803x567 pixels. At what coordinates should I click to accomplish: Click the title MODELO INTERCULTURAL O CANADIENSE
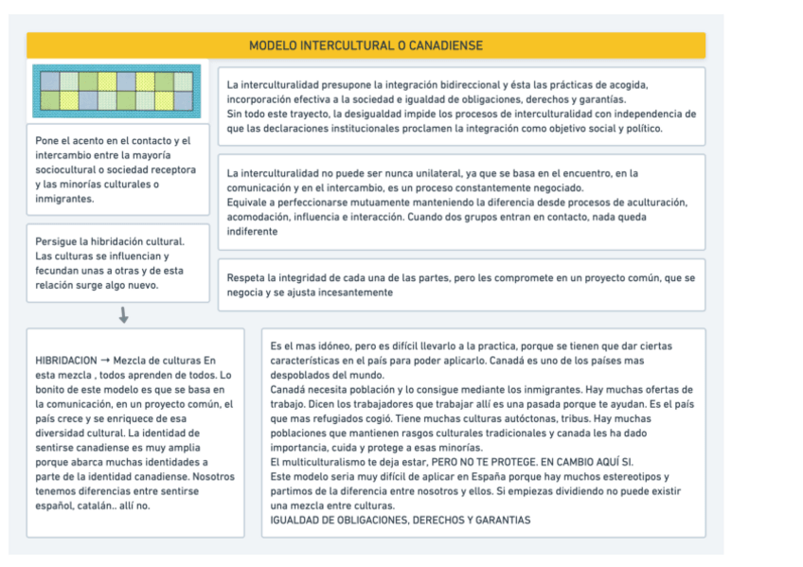click(366, 45)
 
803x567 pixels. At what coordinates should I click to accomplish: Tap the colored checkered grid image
click(116, 91)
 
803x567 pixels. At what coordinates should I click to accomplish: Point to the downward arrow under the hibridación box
click(124, 314)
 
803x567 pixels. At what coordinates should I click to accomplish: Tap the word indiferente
click(252, 231)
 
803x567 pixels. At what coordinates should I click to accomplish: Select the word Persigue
click(57, 241)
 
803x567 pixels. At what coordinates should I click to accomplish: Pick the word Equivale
click(248, 203)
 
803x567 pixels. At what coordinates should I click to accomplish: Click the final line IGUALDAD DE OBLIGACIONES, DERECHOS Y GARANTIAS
click(401, 521)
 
